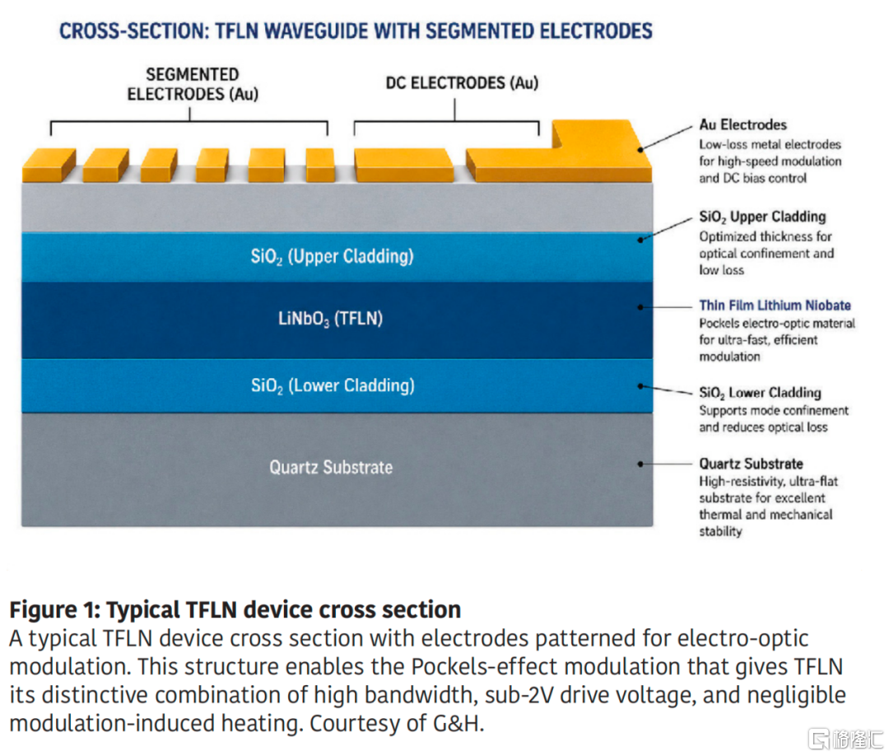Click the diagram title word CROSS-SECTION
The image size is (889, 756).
click(133, 31)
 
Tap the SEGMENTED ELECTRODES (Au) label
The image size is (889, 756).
click(193, 84)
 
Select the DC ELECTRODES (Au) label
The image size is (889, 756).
click(462, 83)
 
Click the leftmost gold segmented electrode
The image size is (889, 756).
click(49, 165)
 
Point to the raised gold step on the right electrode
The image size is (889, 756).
click(593, 135)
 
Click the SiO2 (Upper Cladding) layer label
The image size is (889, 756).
click(333, 256)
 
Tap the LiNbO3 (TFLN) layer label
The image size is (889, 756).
click(331, 319)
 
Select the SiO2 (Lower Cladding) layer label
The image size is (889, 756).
click(333, 385)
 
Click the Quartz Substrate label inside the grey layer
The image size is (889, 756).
click(331, 467)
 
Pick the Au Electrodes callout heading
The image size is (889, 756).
click(742, 125)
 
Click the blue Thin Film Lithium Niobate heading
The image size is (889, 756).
click(775, 306)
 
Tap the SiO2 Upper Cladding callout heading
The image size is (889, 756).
click(762, 217)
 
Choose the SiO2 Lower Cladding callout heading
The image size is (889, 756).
click(760, 393)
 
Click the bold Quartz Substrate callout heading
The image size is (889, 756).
click(751, 464)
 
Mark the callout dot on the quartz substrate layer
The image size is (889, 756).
click(640, 464)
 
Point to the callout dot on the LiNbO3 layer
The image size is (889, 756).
click(640, 307)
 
